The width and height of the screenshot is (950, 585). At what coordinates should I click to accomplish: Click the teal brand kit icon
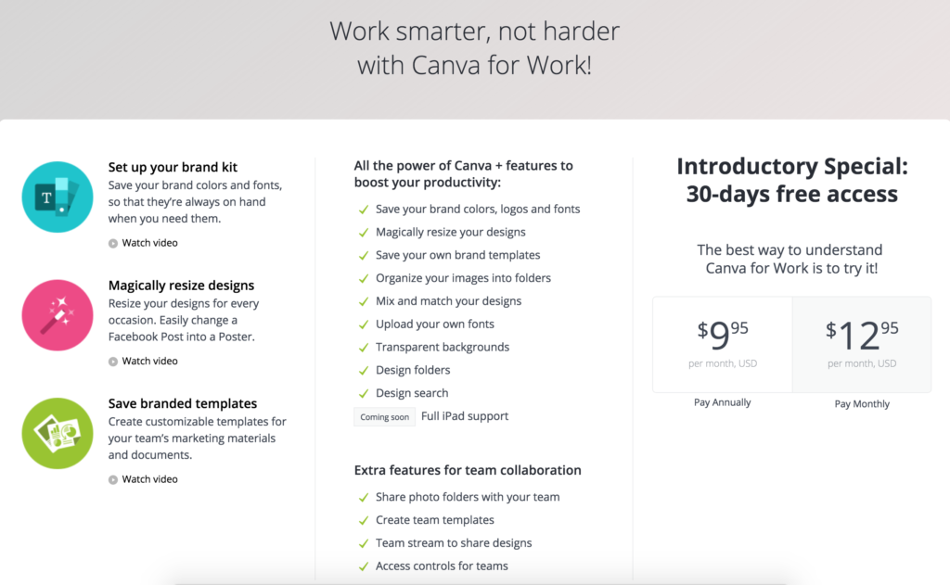58,196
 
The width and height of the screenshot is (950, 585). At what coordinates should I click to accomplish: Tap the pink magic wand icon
58,315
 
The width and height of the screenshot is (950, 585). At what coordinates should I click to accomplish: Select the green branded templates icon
58,433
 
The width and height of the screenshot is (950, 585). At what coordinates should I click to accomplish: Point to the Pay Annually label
723,402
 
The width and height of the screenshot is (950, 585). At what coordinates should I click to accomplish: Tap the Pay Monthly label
862,403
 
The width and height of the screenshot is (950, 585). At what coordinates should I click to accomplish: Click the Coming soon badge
384,417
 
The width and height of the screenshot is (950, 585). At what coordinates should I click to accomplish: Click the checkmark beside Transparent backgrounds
364,347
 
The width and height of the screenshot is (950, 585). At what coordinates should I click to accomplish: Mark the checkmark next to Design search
364,393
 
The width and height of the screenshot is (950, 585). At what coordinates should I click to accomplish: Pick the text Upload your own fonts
434,324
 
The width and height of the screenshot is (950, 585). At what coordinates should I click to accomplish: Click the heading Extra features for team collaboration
468,470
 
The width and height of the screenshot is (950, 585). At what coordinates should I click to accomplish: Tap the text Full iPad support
465,416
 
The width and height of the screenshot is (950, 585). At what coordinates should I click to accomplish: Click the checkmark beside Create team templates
364,520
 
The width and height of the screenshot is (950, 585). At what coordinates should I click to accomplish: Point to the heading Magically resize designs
181,286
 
